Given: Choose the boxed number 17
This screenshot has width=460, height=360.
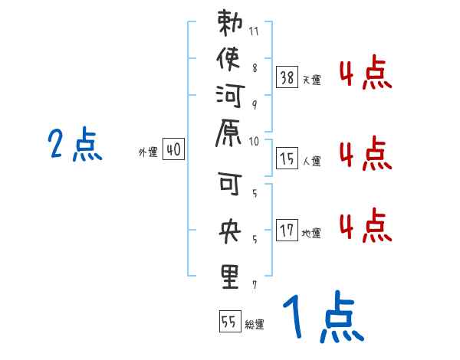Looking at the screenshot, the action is coord(287,230).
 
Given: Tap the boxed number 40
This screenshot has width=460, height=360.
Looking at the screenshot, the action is coord(173,150).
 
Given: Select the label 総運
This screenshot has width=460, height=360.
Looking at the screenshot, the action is coord(255,325).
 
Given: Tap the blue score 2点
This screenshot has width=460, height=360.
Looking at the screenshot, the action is coord(75,145).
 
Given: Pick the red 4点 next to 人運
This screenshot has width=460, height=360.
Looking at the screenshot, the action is coord(365,154).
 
